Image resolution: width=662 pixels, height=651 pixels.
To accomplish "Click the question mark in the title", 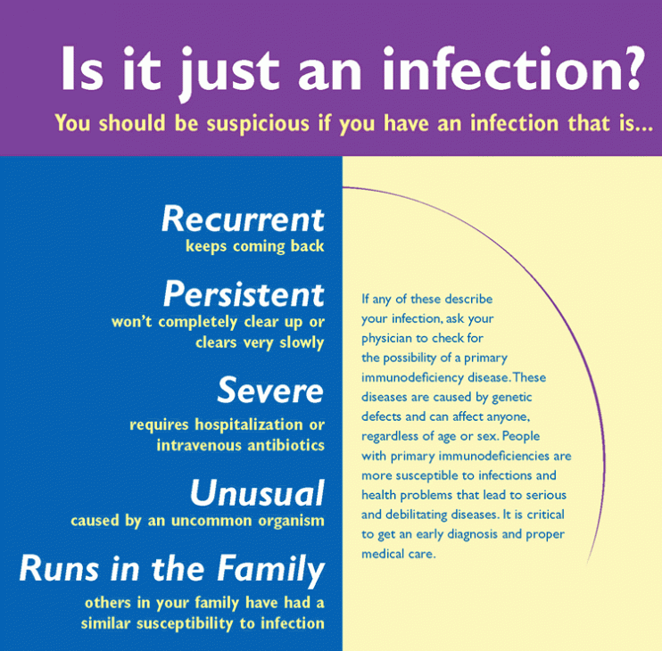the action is pyautogui.click(x=631, y=69).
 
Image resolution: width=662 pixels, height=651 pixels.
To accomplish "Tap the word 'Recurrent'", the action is pyautogui.click(x=243, y=219).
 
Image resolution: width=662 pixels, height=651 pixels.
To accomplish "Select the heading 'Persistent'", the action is pyautogui.click(x=244, y=293).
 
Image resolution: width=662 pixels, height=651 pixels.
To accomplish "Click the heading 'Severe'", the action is pyautogui.click(x=270, y=390).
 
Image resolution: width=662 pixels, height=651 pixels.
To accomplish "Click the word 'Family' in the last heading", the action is pyautogui.click(x=270, y=570).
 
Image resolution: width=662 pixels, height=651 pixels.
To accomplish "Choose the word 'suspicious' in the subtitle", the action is pyautogui.click(x=258, y=124).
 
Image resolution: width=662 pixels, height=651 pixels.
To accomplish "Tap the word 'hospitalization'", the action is pyautogui.click(x=249, y=424).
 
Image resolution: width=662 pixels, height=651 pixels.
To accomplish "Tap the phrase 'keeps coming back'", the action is pyautogui.click(x=255, y=246).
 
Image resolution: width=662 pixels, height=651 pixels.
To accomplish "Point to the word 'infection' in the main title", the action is pyautogui.click(x=497, y=69).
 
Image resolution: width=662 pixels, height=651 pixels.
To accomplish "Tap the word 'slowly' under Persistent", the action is pyautogui.click(x=302, y=343).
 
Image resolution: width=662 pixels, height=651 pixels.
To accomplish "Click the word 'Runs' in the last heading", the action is pyautogui.click(x=59, y=569).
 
